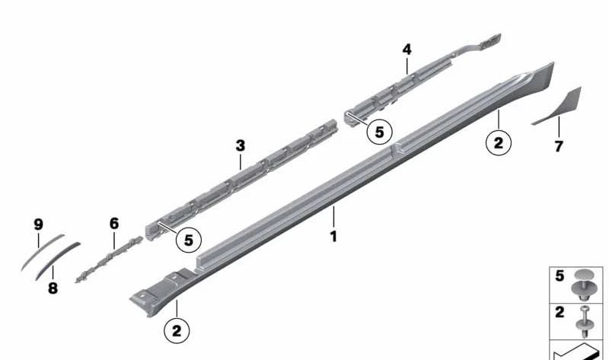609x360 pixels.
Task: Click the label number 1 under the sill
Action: (x=333, y=237)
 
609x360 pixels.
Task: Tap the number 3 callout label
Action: (x=241, y=145)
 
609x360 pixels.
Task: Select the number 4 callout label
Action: (x=407, y=49)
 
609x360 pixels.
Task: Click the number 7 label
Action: (x=559, y=146)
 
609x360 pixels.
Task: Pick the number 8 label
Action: (x=53, y=288)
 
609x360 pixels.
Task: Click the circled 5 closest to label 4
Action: (x=379, y=131)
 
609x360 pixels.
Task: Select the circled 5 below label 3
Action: (x=188, y=239)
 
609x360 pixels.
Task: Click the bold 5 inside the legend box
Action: (x=560, y=276)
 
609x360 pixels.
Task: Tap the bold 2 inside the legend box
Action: (x=560, y=312)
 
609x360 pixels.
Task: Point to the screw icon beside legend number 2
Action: (x=585, y=318)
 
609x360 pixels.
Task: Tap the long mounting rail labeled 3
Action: (x=244, y=183)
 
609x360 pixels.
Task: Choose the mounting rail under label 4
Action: (x=411, y=84)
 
